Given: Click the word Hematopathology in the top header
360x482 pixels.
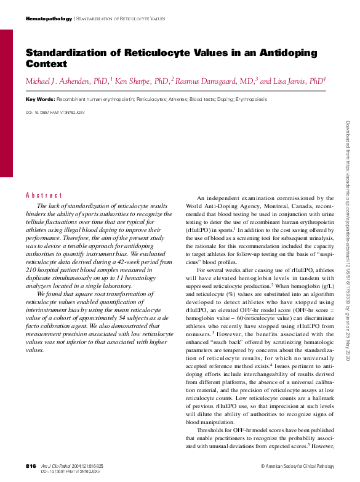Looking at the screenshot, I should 49,19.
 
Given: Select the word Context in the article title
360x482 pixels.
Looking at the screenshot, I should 46,63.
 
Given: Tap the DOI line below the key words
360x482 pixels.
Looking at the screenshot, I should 55,113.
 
